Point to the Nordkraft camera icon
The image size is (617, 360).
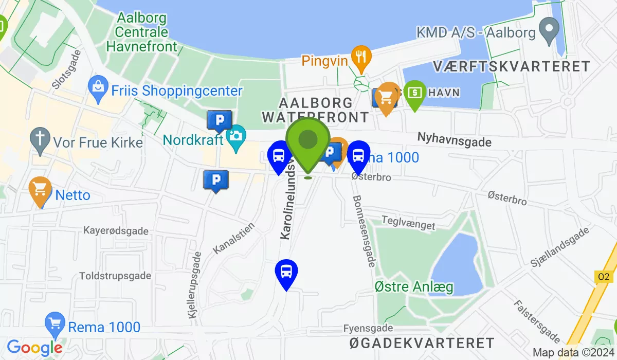[x=237, y=136]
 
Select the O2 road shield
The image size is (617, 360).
[x=604, y=277]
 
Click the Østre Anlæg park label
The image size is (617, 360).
[x=414, y=286]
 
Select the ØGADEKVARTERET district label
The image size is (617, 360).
[x=422, y=343]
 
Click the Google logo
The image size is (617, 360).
[x=35, y=348]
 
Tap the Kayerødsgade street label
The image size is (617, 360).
[x=116, y=231]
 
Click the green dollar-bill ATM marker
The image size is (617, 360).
[x=415, y=93]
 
